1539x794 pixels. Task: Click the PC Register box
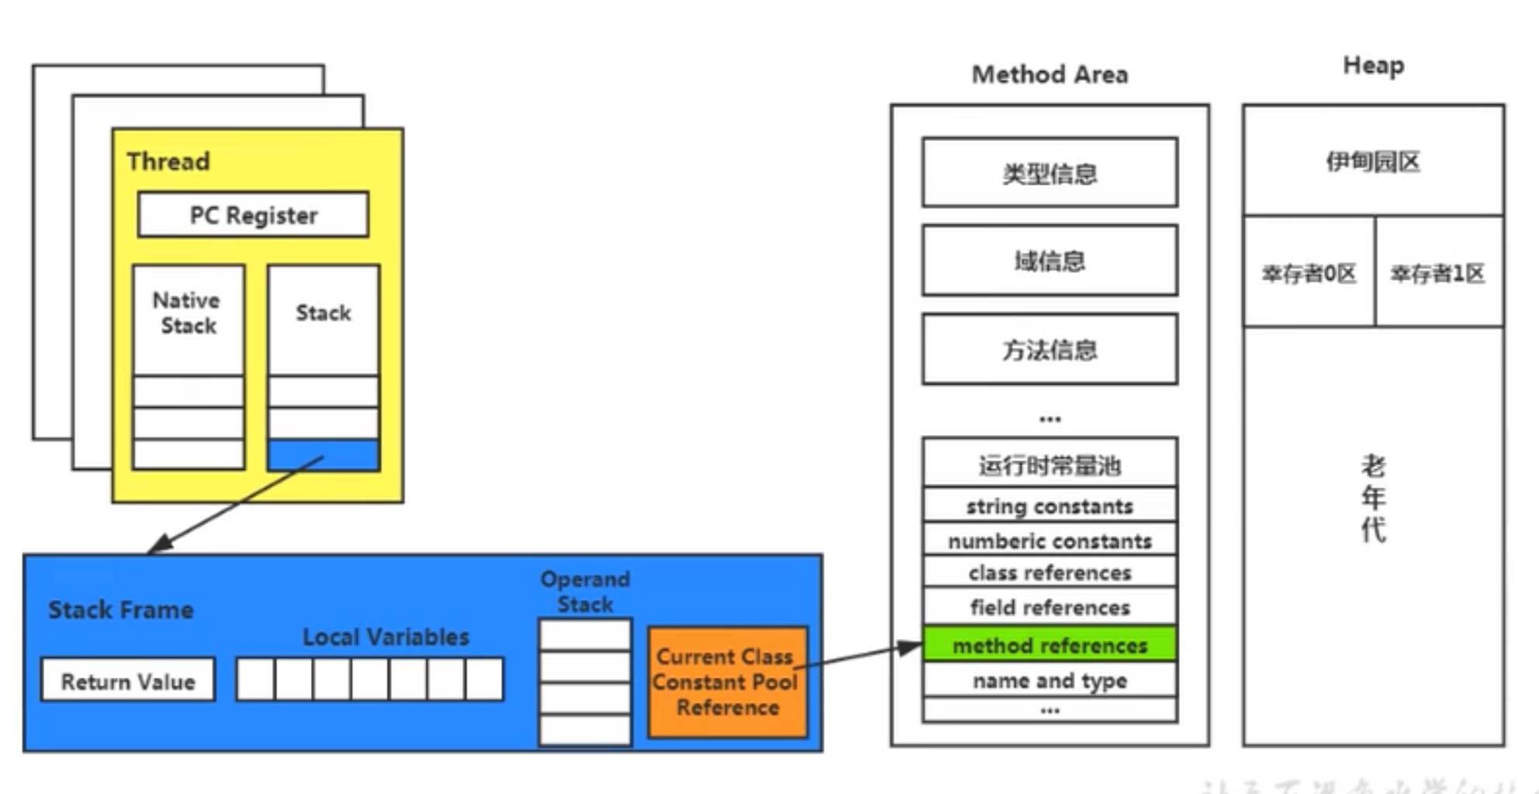253,215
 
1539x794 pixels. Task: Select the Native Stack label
187,312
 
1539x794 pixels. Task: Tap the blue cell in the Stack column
323,455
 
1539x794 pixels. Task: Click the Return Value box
128,681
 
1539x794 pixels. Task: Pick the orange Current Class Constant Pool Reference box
727,682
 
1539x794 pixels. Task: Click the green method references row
1050,645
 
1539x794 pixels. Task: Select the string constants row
1050,506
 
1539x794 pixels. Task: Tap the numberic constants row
1050,540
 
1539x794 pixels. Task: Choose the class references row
1050,573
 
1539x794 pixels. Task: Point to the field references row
1050,607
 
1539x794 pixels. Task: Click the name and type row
1050,681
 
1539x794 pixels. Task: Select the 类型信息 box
1050,173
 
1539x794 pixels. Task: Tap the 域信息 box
1050,261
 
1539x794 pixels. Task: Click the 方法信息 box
1050,349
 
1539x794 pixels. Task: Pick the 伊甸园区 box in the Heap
1373,161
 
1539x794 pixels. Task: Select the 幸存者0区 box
1309,273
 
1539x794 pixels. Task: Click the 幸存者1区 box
1438,273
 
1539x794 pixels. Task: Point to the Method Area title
1050,74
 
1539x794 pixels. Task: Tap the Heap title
1373,66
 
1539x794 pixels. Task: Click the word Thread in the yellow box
168,161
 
